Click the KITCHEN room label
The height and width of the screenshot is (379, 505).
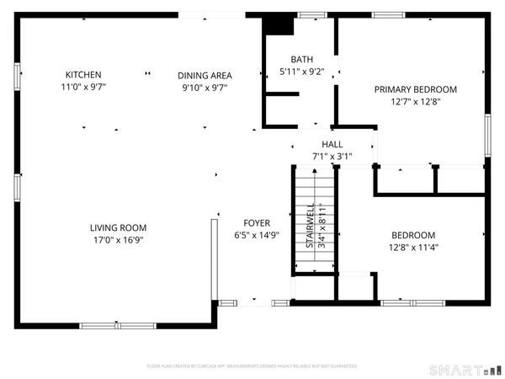point(83,75)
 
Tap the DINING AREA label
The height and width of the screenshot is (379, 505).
point(205,75)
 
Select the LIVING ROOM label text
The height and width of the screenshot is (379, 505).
point(119,227)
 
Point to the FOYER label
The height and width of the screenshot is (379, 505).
point(257,223)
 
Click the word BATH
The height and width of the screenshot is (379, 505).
point(301,59)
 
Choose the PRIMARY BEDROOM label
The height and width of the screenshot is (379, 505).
point(416,89)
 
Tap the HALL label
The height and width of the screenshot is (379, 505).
point(332,145)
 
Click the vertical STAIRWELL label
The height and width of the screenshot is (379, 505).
point(310,225)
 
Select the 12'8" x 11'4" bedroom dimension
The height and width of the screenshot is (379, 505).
point(415,248)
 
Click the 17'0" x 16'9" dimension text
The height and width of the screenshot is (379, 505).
point(119,240)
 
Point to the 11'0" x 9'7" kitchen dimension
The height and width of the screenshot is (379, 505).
point(83,87)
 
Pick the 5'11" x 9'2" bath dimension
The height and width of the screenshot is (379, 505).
point(301,72)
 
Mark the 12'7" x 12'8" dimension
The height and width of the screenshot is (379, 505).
point(416,101)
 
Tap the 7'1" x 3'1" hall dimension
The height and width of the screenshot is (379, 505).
point(332,157)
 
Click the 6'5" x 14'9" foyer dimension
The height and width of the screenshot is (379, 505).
point(257,236)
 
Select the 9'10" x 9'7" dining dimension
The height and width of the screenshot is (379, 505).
point(205,87)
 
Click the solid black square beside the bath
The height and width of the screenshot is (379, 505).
point(277,24)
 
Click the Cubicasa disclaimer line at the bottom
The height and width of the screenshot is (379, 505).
point(252,366)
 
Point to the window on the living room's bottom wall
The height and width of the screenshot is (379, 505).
point(118,325)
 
